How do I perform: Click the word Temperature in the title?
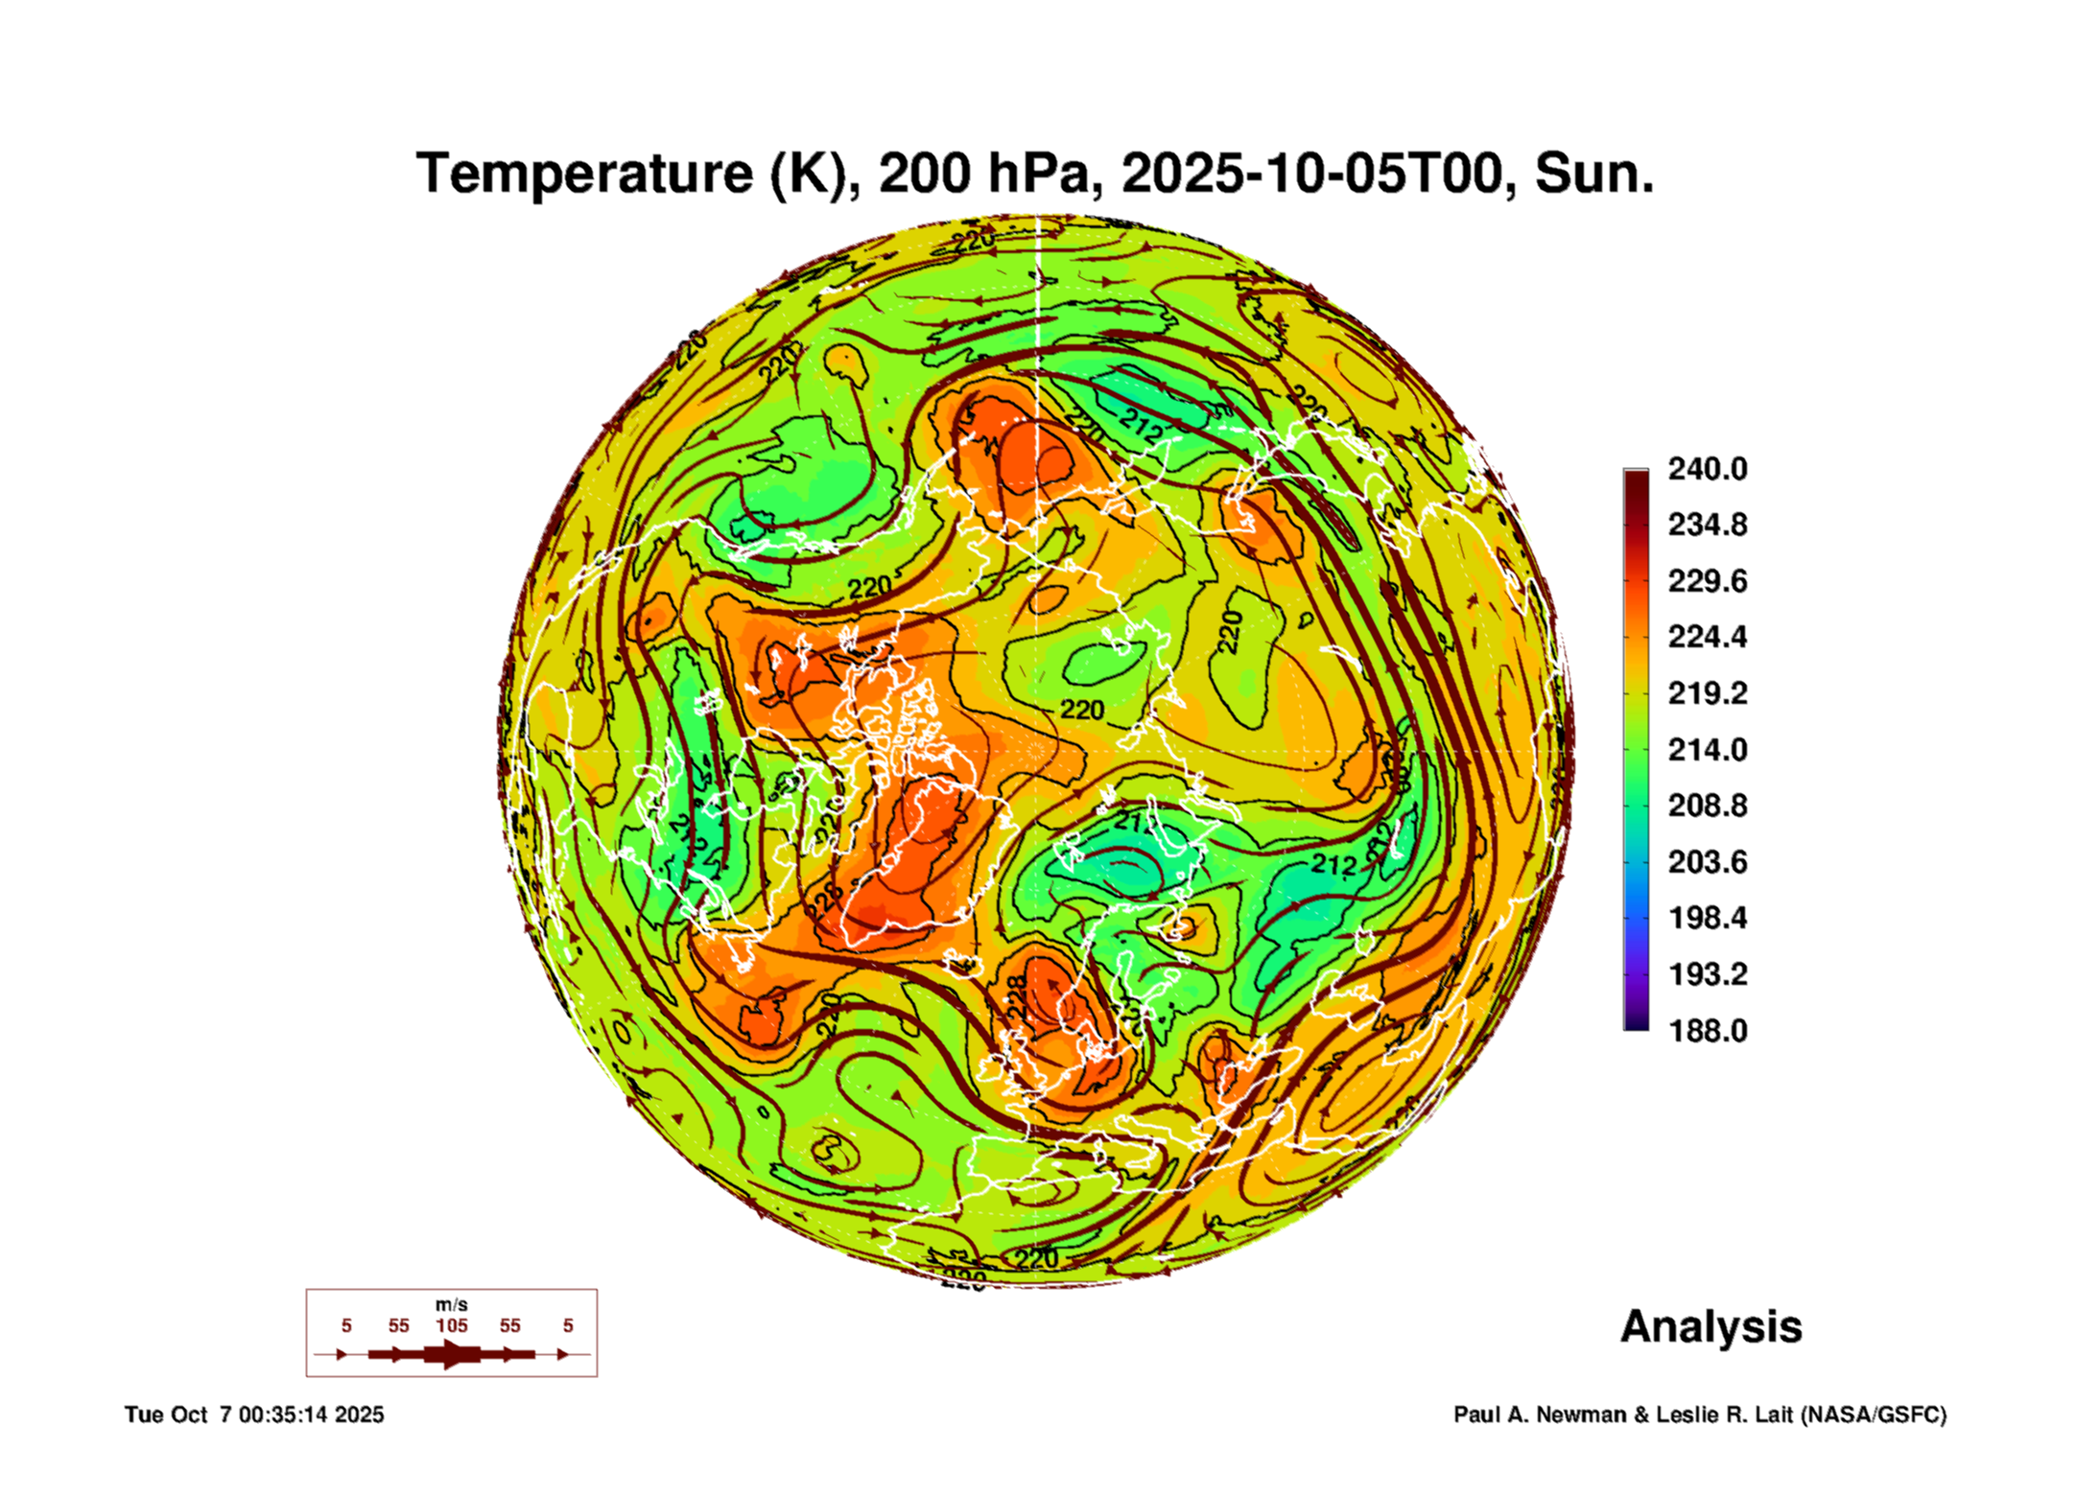pyautogui.click(x=585, y=174)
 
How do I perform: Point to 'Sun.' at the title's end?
pyautogui.click(x=1594, y=174)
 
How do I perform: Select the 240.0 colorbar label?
pyautogui.click(x=1708, y=469)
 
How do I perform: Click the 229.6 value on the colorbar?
pyautogui.click(x=1708, y=581)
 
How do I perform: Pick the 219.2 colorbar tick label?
pyautogui.click(x=1708, y=693)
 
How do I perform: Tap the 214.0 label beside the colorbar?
pyautogui.click(x=1708, y=749)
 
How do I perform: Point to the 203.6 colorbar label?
pyautogui.click(x=1708, y=862)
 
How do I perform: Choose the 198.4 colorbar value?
pyautogui.click(x=1708, y=918)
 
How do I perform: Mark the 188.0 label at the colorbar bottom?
pyautogui.click(x=1708, y=1031)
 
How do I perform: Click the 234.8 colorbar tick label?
pyautogui.click(x=1708, y=525)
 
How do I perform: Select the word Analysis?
pyautogui.click(x=1711, y=1326)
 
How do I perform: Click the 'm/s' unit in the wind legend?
pyautogui.click(x=452, y=1304)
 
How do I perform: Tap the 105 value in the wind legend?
pyautogui.click(x=452, y=1325)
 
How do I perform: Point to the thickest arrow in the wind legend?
pyautogui.click(x=452, y=1354)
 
